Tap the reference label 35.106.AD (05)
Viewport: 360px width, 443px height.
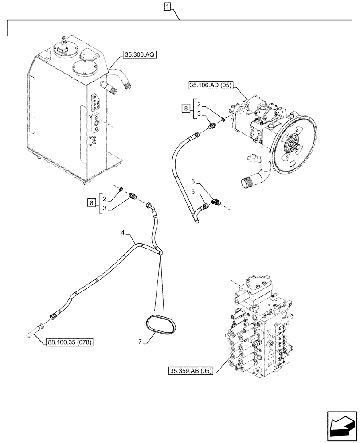211,85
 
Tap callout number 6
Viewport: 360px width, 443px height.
193,182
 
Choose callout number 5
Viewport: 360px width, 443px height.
193,192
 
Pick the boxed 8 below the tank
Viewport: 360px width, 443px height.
92,203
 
